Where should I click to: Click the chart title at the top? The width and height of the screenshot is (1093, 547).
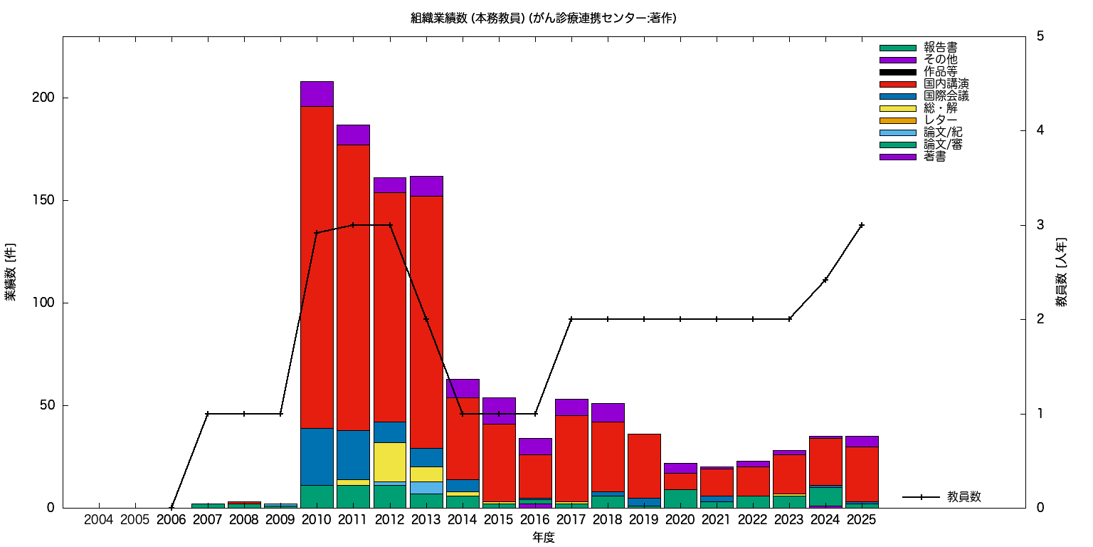coord(543,19)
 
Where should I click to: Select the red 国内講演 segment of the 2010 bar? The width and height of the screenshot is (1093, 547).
coord(317,267)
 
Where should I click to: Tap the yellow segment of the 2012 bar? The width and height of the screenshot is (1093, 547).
coord(389,462)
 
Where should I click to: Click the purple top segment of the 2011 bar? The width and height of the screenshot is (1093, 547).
coord(353,135)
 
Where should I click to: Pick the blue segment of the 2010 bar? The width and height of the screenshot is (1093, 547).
coord(317,457)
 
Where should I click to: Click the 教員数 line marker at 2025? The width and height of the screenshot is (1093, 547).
coord(861,225)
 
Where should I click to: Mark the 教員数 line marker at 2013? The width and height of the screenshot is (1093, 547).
coord(426,319)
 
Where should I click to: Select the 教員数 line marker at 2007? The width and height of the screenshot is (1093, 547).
coord(207,414)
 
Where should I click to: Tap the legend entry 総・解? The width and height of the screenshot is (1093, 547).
coord(940,108)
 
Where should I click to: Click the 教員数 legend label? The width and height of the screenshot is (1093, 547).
coord(963,497)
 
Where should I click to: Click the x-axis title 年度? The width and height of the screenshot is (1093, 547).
coord(543,538)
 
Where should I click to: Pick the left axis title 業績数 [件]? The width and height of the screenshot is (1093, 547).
coord(11,271)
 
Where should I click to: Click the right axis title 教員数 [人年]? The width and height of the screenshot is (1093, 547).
coord(1061,271)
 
